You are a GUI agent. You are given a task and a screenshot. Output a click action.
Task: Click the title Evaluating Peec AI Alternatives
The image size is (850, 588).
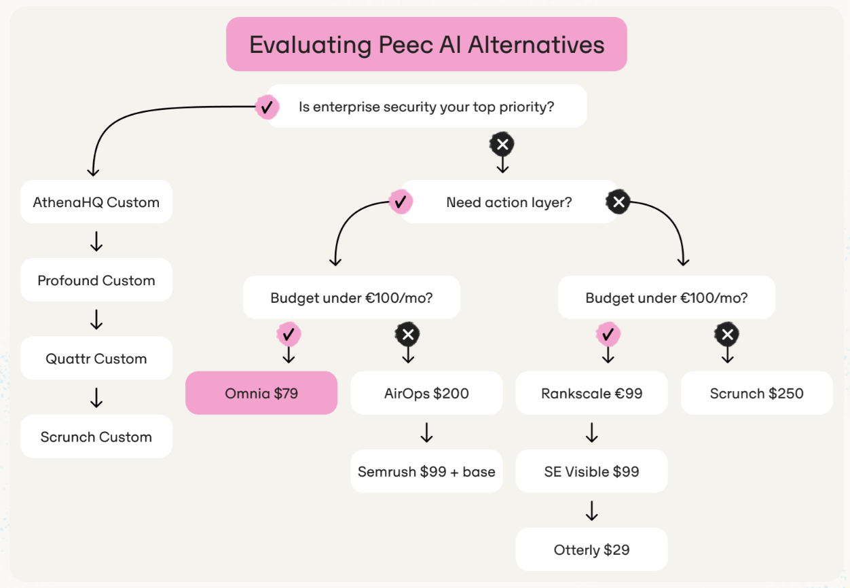[x=426, y=45]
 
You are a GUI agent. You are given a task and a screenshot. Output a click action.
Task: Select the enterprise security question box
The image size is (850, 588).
[x=426, y=107]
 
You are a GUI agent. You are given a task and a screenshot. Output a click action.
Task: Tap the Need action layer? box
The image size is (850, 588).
[x=509, y=202]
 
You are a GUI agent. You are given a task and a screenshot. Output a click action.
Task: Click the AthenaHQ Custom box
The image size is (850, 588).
[x=96, y=202]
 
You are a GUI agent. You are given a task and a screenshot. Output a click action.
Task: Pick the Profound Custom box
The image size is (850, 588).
[x=96, y=280]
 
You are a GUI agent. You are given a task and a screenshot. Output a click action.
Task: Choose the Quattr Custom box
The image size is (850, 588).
[x=96, y=359]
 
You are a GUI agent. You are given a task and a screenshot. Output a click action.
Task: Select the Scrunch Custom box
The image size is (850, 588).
[x=96, y=437]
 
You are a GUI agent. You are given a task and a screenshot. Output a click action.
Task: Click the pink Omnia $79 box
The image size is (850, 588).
[x=261, y=393]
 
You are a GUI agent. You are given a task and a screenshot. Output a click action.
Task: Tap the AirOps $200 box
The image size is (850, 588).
[x=426, y=393]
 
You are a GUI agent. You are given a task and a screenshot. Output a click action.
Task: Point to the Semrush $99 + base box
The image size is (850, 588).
[x=426, y=471]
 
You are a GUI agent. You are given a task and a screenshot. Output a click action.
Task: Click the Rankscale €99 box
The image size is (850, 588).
[x=591, y=393]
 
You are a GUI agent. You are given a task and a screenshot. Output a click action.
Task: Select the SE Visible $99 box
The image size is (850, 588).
[x=591, y=471]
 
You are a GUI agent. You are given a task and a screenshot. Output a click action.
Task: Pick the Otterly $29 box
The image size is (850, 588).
[x=591, y=549]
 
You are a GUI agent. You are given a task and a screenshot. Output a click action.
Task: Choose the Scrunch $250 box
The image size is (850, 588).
[x=756, y=393]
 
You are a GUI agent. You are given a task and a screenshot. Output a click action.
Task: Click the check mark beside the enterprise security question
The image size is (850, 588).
[x=267, y=107]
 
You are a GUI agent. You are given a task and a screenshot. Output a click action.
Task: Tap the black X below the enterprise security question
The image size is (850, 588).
[x=502, y=144]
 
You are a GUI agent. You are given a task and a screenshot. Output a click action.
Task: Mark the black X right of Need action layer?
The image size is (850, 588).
[x=618, y=202]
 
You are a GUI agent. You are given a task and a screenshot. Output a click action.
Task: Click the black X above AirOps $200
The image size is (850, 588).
[x=407, y=334]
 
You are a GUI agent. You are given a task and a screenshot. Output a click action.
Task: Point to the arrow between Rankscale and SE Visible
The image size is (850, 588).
[x=591, y=433]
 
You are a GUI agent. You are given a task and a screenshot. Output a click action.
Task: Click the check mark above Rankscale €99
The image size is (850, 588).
[x=608, y=334]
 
